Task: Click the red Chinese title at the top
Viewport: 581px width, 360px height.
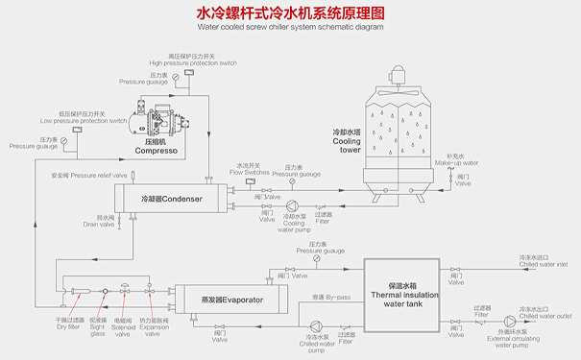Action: click(290, 13)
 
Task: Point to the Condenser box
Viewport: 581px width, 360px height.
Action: click(174, 199)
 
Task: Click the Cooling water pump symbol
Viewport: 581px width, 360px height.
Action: click(293, 205)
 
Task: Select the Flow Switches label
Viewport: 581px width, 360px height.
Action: click(252, 170)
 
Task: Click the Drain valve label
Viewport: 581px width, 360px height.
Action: click(98, 221)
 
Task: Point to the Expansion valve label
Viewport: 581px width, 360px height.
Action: click(154, 324)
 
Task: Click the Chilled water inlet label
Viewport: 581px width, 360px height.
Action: click(544, 260)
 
